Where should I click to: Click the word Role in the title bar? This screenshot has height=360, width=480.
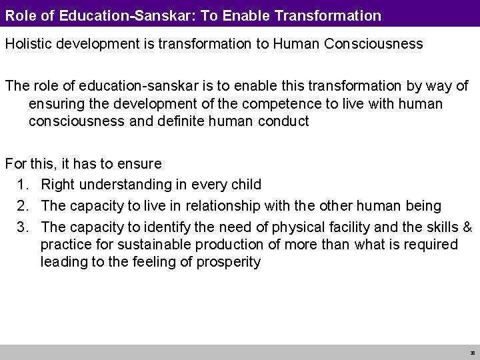(x=19, y=13)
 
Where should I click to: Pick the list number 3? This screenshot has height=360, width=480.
(x=23, y=227)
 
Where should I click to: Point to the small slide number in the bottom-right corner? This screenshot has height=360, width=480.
(x=472, y=353)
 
